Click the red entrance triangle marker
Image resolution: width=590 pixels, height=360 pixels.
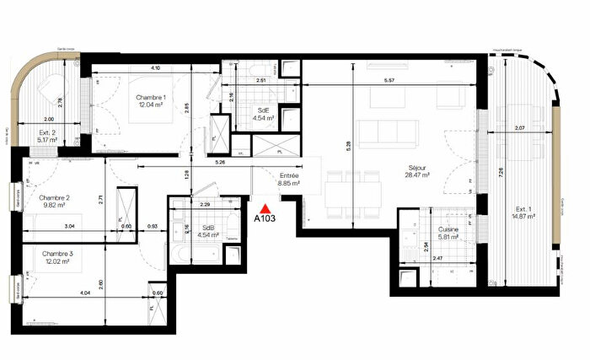click(265, 207)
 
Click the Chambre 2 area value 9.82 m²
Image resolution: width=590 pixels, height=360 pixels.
click(54, 203)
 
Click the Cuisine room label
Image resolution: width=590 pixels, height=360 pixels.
click(448, 229)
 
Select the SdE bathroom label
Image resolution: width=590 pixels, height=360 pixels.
click(264, 110)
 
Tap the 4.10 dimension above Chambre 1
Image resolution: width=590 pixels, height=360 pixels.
click(156, 67)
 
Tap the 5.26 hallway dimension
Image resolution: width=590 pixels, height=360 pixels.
click(220, 162)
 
